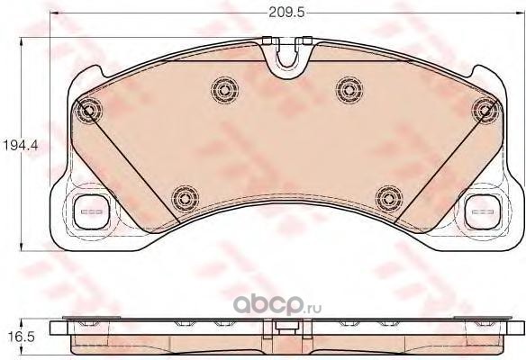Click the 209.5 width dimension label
click(286, 13)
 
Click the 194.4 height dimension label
click(20, 146)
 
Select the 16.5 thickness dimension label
click(21, 337)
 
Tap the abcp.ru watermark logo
click(277, 305)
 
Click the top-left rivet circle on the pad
click(88, 111)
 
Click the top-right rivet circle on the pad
click(485, 111)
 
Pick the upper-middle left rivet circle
click(225, 90)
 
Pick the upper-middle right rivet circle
click(349, 90)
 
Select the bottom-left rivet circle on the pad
click(185, 199)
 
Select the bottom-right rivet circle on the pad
click(389, 199)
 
